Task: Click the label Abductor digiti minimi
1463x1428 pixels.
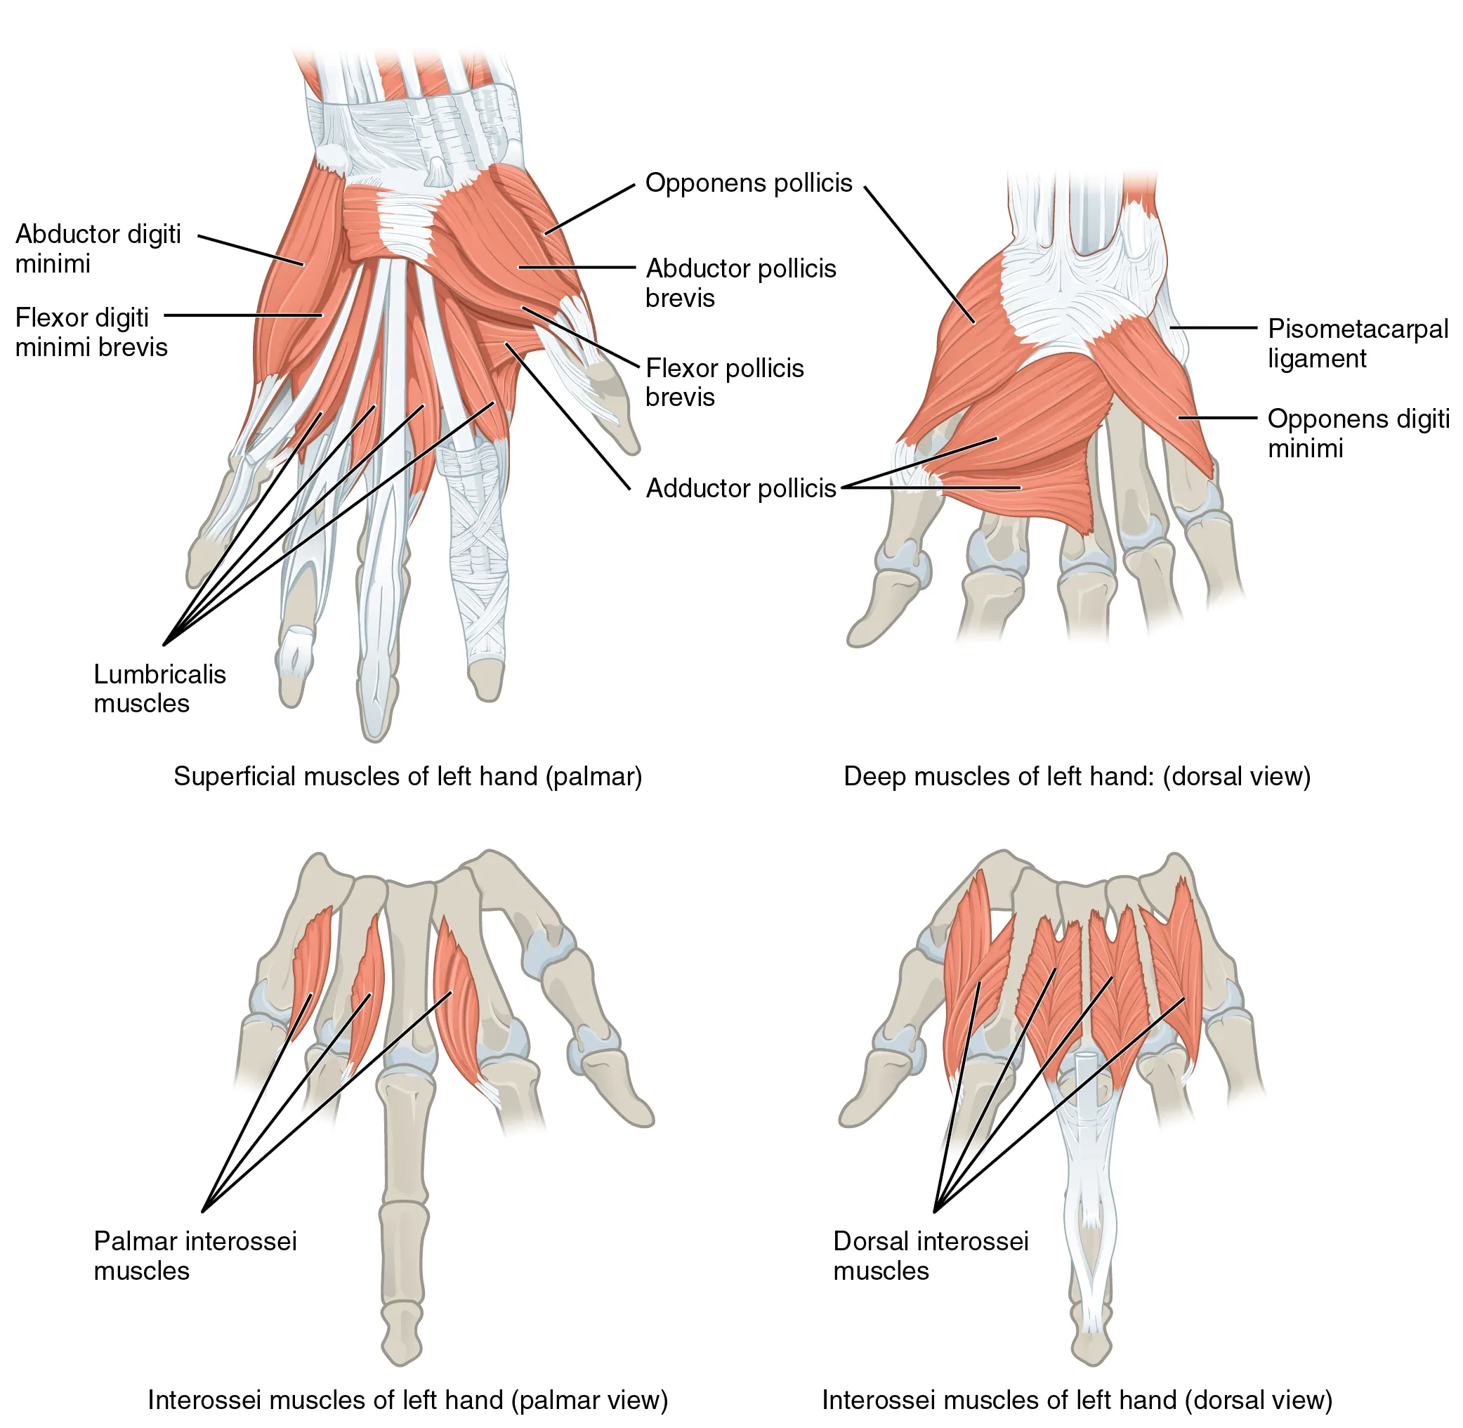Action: click(98, 248)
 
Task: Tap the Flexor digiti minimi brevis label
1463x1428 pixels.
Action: click(91, 332)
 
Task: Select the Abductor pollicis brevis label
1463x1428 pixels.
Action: click(740, 283)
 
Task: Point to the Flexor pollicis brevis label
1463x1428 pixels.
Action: click(723, 383)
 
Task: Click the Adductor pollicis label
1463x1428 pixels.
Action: click(740, 488)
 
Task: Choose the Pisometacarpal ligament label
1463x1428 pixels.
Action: click(1356, 343)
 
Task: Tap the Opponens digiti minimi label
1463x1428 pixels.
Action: click(1357, 433)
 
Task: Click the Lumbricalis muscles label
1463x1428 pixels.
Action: click(159, 688)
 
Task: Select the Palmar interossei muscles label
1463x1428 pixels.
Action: click(195, 1256)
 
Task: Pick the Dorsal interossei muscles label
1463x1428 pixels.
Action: click(930, 1256)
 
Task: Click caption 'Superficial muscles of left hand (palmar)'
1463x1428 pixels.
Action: click(407, 776)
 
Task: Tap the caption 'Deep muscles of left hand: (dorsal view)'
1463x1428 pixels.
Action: click(1076, 776)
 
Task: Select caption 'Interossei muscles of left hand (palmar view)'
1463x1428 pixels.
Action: click(407, 1400)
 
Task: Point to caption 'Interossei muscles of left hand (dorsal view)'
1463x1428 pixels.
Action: click(1076, 1400)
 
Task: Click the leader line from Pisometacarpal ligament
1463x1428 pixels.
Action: click(1212, 328)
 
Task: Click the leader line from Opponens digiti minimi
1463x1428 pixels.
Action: click(1216, 417)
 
